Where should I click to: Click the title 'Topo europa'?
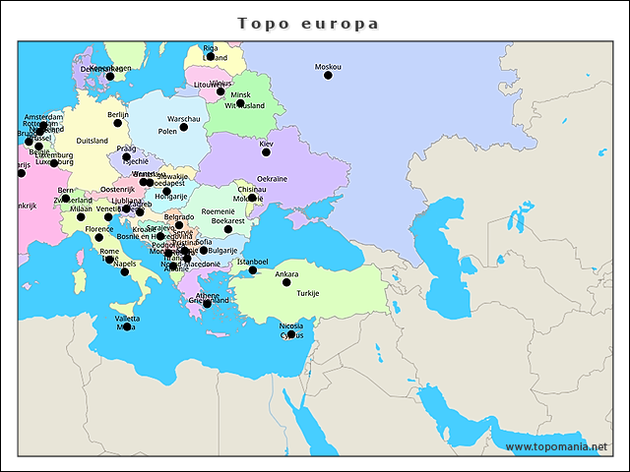click(x=308, y=23)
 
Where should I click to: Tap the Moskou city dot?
click(x=328, y=76)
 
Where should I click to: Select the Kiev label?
click(x=266, y=144)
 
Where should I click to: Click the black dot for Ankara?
click(x=286, y=283)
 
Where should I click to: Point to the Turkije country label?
click(x=308, y=293)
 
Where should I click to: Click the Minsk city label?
click(x=241, y=94)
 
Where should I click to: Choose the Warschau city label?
click(x=184, y=118)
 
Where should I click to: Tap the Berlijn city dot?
click(x=118, y=123)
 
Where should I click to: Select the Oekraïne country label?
click(x=273, y=178)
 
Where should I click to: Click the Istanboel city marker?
click(x=253, y=270)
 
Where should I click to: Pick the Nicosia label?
click(x=291, y=324)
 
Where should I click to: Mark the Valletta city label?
click(x=127, y=318)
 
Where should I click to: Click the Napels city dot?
click(x=125, y=272)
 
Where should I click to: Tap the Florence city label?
click(x=98, y=228)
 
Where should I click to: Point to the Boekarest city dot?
click(x=228, y=230)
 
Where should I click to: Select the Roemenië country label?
click(x=218, y=210)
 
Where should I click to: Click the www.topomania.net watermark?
click(x=556, y=446)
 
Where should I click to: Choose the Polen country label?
click(x=167, y=131)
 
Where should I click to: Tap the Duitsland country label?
click(x=92, y=141)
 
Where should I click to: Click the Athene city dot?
click(x=207, y=304)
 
